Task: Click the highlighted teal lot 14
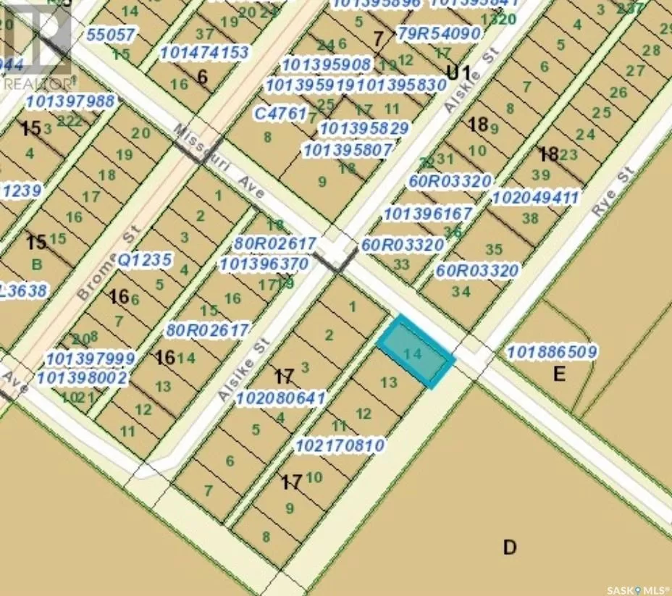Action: pyautogui.click(x=416, y=353)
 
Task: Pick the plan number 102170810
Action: pyautogui.click(x=340, y=445)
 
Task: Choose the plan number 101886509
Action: pyautogui.click(x=553, y=353)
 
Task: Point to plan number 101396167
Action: pyautogui.click(x=428, y=214)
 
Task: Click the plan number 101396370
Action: pyautogui.click(x=264, y=264)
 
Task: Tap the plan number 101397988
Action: pyautogui.click(x=70, y=101)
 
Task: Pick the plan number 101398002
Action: pyautogui.click(x=82, y=377)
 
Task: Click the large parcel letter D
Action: pyautogui.click(x=510, y=547)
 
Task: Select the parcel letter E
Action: pyautogui.click(x=558, y=374)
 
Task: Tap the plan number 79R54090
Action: pyautogui.click(x=439, y=34)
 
